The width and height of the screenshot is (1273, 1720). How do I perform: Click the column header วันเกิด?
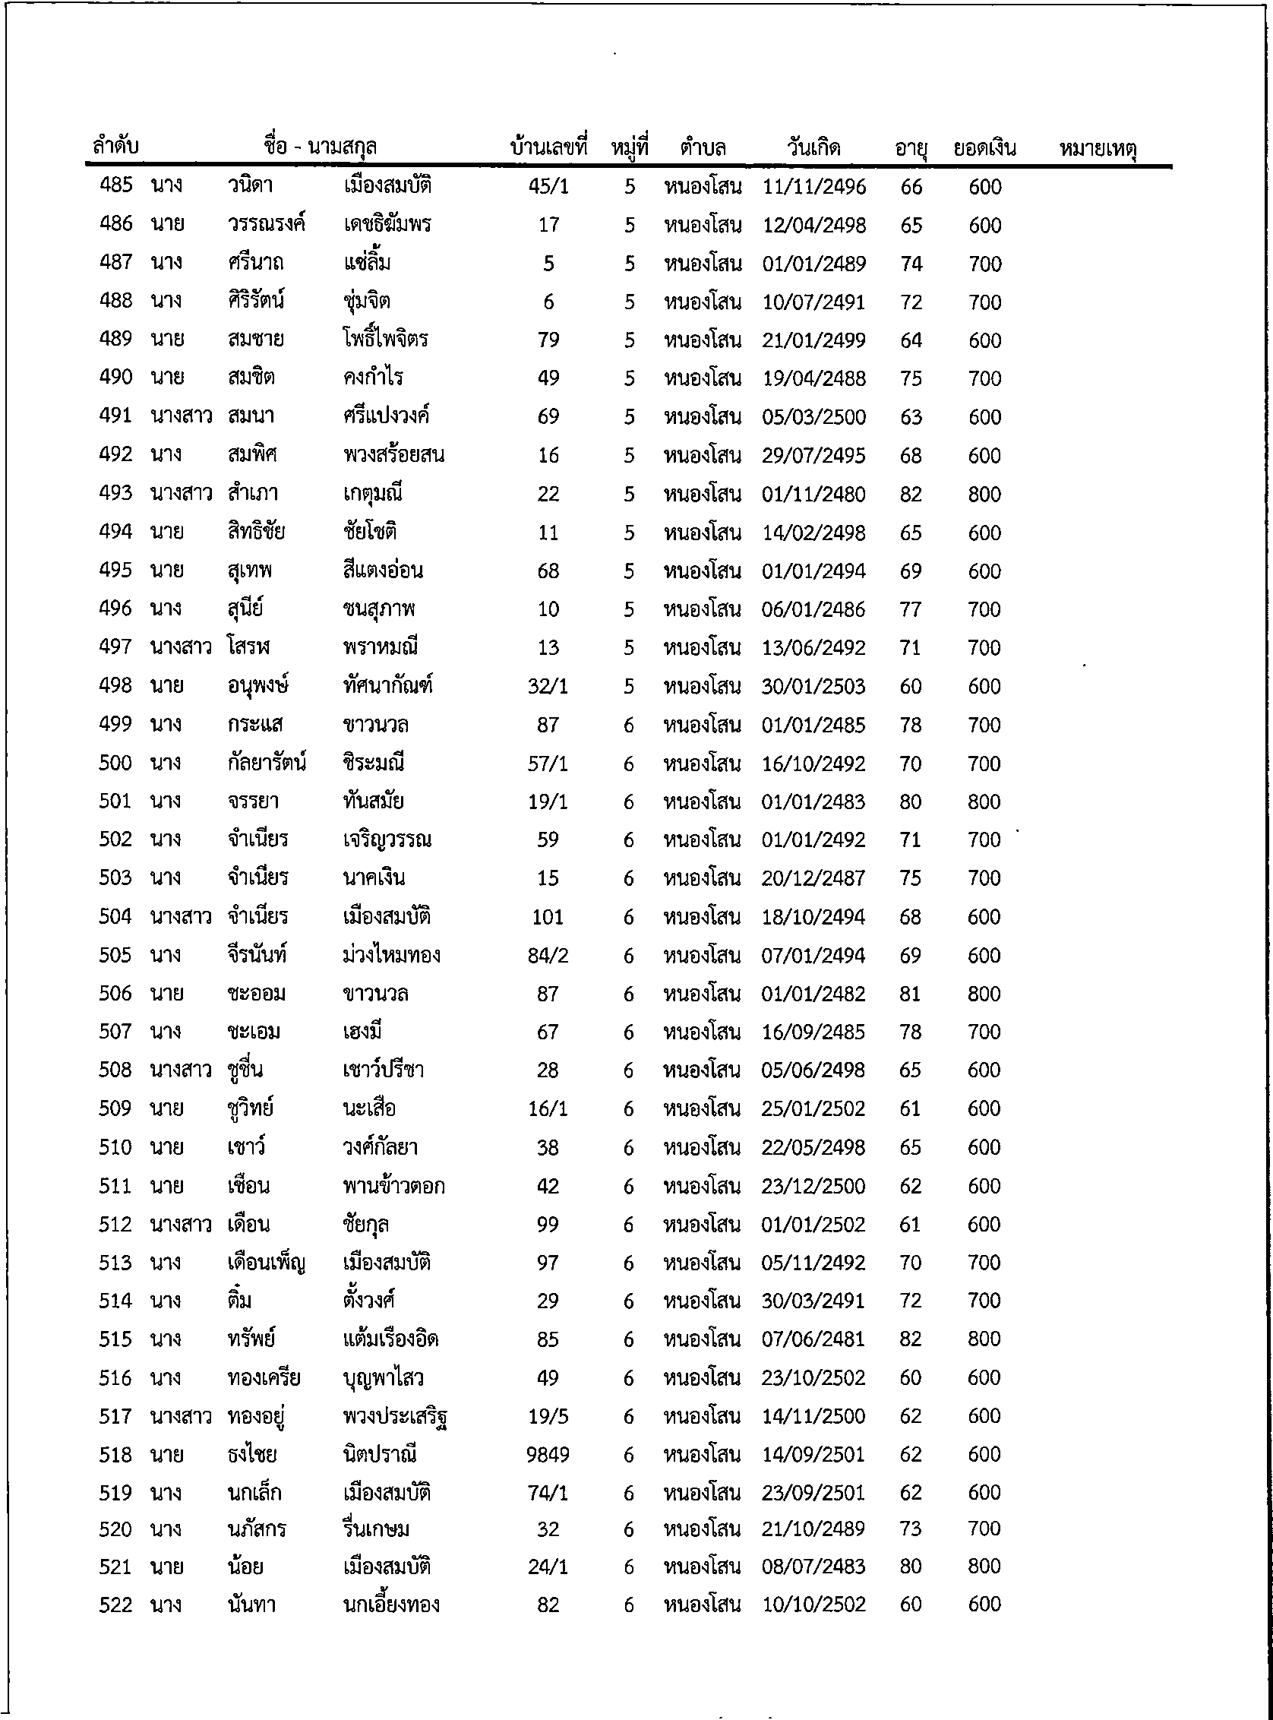[x=813, y=147]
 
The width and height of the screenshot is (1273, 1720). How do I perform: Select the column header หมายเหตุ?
[x=1098, y=149]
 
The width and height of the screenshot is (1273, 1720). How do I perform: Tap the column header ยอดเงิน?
[x=984, y=147]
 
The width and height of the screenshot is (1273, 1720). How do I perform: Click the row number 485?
[x=115, y=185]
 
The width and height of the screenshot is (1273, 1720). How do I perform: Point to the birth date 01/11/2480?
[x=813, y=494]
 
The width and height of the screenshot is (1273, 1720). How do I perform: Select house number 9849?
[x=547, y=1455]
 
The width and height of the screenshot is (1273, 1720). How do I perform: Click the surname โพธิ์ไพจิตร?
[x=385, y=340]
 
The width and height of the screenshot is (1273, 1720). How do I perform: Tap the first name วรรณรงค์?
[x=267, y=225]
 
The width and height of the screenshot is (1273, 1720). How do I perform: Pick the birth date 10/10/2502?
[x=813, y=1605]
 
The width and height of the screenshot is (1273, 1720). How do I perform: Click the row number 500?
[x=115, y=764]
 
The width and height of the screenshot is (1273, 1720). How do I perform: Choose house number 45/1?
[x=548, y=186]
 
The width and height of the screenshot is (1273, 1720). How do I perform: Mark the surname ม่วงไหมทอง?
[x=391, y=956]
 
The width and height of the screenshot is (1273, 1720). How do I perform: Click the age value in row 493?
[x=910, y=494]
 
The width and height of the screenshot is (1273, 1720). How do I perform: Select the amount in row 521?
[x=984, y=1566]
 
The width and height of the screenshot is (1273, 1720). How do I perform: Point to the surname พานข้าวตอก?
[x=393, y=1186]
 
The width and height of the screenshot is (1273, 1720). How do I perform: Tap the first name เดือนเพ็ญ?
[x=267, y=1263]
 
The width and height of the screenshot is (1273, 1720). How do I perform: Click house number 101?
[x=547, y=917]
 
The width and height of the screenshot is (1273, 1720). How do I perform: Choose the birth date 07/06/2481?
[x=813, y=1339]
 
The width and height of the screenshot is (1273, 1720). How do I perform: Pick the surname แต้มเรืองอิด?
[x=390, y=1339]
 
